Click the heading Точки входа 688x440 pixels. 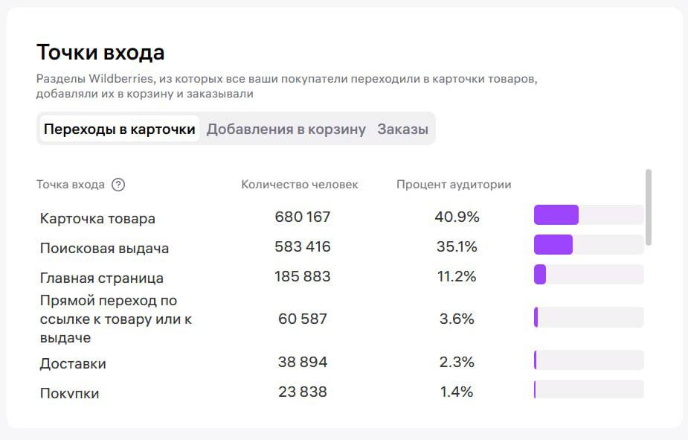pos(100,53)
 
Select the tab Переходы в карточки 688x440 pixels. pos(119,129)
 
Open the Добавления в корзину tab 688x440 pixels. pos(286,129)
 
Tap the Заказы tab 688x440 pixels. pos(402,129)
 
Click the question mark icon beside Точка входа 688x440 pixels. pos(118,185)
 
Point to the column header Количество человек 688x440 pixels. pos(299,185)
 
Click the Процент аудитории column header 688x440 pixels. pos(454,185)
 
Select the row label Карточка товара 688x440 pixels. pos(97,219)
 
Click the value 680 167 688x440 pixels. pos(302,217)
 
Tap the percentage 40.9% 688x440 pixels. pos(457,217)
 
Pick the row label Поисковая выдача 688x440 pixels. pos(104,249)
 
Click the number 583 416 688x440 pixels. pos(302,246)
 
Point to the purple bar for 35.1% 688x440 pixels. pos(553,245)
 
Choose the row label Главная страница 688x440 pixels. pos(101,278)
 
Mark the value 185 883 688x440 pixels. pos(302,276)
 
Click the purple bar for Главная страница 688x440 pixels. pos(540,275)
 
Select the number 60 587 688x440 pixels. pos(302,319)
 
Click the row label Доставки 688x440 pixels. pos(73,364)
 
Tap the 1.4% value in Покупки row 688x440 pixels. pos(457,392)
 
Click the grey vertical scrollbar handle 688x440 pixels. pos(649,206)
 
